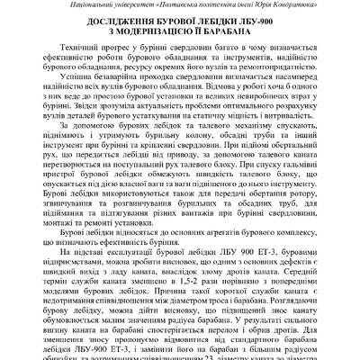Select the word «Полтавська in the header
[176, 6]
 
